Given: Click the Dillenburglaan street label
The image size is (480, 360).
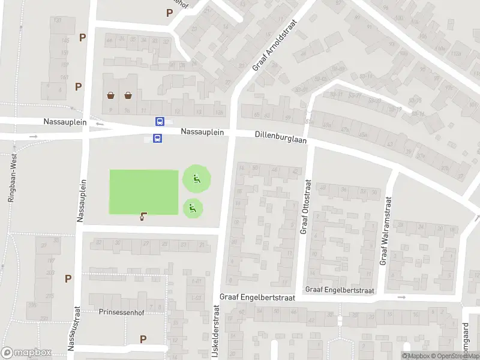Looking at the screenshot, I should (280, 137).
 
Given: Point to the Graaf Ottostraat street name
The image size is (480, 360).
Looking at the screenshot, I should (305, 207).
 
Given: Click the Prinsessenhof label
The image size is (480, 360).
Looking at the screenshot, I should (122, 312).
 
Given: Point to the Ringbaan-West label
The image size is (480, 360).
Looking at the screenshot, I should (12, 177).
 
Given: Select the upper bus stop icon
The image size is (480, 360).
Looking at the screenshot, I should (160, 121).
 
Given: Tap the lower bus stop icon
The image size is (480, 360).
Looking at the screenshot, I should (157, 139).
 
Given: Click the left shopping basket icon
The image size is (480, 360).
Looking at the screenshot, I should (111, 95).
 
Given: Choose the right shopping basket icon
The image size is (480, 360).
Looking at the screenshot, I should (128, 95).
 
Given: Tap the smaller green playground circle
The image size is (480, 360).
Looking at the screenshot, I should (193, 208).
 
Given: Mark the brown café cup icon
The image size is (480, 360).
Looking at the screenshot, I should (143, 217).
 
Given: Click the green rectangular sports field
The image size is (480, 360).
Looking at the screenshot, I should (144, 191).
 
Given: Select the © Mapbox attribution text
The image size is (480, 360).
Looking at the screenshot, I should (418, 356).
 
